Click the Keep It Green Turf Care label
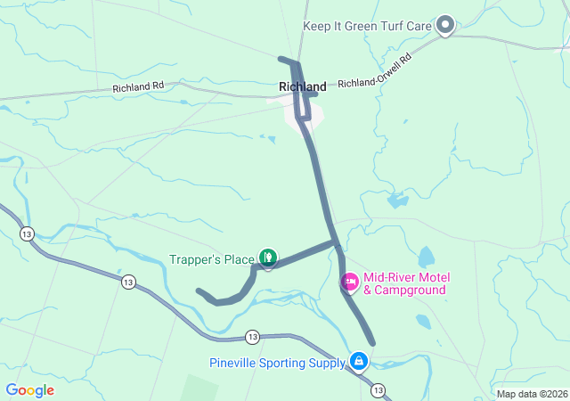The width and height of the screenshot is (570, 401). (x=367, y=26)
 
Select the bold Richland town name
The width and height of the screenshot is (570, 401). (x=302, y=86)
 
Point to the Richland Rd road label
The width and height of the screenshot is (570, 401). (x=139, y=88)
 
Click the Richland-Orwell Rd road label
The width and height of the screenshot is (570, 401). (x=374, y=71)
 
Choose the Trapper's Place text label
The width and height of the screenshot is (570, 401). (x=212, y=259)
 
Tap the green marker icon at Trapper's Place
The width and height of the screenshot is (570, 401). (x=267, y=258)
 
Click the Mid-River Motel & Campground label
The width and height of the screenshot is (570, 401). (x=404, y=283)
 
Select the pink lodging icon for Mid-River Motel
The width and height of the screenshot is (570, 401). (x=350, y=282)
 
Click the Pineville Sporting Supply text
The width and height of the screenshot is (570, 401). (x=277, y=363)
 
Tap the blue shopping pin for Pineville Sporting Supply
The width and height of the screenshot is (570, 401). (x=358, y=361)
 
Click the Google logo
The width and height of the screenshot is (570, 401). (x=29, y=390)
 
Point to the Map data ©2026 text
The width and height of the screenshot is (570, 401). (x=531, y=394)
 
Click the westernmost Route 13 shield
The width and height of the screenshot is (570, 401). (x=28, y=234)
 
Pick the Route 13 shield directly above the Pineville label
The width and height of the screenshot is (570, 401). (x=253, y=337)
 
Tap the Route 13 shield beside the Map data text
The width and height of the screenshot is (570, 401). (x=379, y=390)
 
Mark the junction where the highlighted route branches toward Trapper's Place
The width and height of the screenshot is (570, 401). (x=336, y=241)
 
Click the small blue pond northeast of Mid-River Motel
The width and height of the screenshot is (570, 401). (x=426, y=257)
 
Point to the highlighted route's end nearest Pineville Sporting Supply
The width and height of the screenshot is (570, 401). (x=371, y=341)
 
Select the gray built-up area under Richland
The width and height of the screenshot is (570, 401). (x=297, y=114)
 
